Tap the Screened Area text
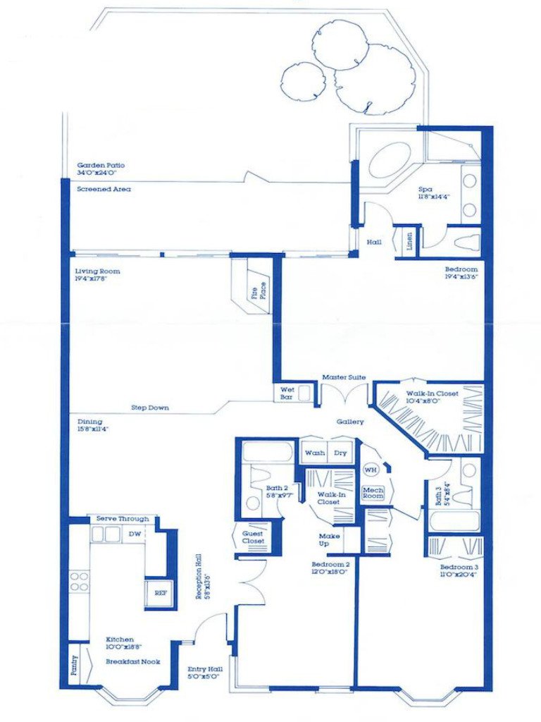coord(104,189)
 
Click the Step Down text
coord(149,408)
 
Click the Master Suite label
coord(344,378)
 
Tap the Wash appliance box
coord(315,453)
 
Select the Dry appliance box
coord(340,453)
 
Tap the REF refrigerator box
coord(156,593)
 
